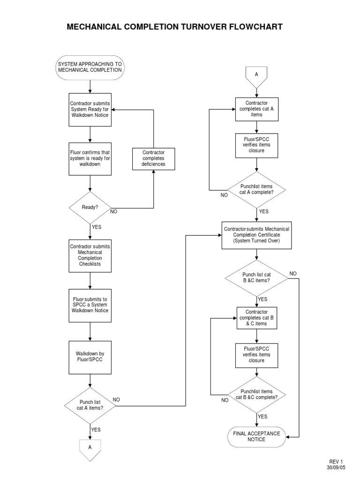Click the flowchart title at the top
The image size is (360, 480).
pyautogui.click(x=174, y=27)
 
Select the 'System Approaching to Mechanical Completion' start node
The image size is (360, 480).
pyautogui.click(x=90, y=67)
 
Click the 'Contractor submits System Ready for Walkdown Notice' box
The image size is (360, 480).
pyautogui.click(x=90, y=109)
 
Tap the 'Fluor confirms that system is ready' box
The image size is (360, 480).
pyautogui.click(x=90, y=158)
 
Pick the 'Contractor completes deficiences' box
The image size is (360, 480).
pyautogui.click(x=154, y=158)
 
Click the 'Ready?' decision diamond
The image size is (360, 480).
pyautogui.click(x=90, y=207)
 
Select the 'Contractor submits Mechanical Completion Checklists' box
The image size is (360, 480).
pyautogui.click(x=90, y=255)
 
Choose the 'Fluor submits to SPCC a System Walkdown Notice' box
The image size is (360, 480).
pyautogui.click(x=90, y=305)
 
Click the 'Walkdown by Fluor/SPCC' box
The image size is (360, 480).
pyautogui.click(x=90, y=357)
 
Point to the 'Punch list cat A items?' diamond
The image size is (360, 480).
pyautogui.click(x=90, y=405)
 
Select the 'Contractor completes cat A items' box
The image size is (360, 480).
pyautogui.click(x=256, y=109)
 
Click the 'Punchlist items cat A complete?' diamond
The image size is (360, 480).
pyautogui.click(x=256, y=189)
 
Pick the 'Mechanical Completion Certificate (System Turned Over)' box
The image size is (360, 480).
pyautogui.click(x=256, y=235)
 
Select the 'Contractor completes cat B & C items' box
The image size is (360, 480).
pyautogui.click(x=256, y=317)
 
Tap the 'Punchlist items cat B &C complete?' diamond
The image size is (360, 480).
pyautogui.click(x=256, y=394)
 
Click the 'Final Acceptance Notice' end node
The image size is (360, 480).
pyautogui.click(x=256, y=436)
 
